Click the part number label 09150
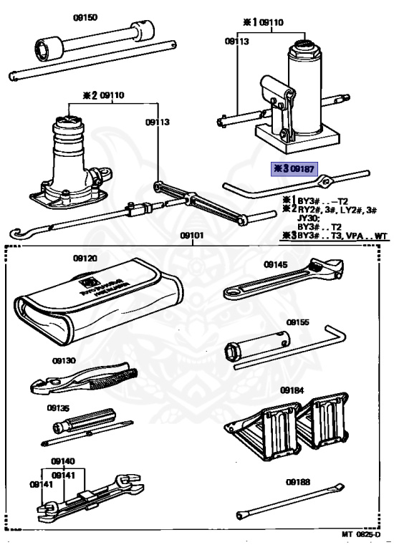tap(85, 14)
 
